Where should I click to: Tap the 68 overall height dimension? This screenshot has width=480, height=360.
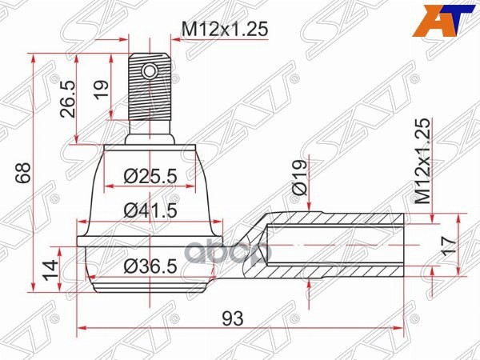(18, 173)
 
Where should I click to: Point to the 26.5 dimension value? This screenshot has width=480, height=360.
(66, 98)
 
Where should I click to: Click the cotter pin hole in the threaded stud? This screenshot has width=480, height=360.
(150, 73)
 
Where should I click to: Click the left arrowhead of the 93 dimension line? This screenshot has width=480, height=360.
(82, 328)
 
